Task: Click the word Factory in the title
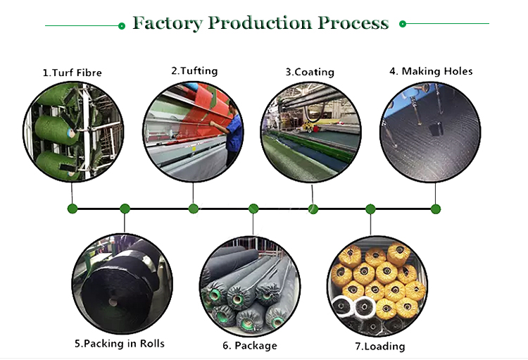(x=168, y=23)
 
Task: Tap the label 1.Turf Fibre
(x=72, y=73)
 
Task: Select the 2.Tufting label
(x=194, y=71)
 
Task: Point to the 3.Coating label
(x=310, y=72)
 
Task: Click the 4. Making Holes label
(x=431, y=71)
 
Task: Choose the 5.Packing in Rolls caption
(x=120, y=344)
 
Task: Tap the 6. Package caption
(x=250, y=345)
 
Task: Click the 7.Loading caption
(x=380, y=346)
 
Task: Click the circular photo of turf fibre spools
(x=73, y=132)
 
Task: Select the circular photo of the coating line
(x=310, y=132)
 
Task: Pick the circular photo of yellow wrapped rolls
(x=377, y=286)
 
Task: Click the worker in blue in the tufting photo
(x=233, y=133)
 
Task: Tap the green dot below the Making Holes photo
(x=435, y=209)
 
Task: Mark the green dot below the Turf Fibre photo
(x=73, y=209)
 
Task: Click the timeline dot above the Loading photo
(x=370, y=209)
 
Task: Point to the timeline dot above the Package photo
(x=253, y=209)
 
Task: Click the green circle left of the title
(x=122, y=26)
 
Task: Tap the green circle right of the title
(x=403, y=24)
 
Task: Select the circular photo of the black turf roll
(x=122, y=284)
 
